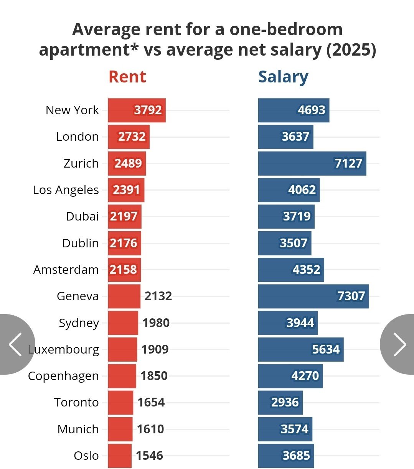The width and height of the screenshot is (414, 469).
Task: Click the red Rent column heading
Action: click(x=127, y=77)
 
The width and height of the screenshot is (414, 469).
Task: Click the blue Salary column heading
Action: click(x=283, y=77)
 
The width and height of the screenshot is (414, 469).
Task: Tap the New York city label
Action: click(x=72, y=110)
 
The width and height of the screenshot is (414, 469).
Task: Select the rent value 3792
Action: click(x=148, y=110)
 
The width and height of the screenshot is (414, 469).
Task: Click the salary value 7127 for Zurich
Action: click(x=348, y=163)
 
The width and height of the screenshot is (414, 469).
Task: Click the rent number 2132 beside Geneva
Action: click(x=158, y=296)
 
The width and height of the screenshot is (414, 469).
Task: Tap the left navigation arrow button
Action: click(x=15, y=344)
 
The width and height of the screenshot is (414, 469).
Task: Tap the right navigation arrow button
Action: click(x=399, y=344)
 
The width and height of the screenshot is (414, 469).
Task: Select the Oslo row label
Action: click(x=86, y=456)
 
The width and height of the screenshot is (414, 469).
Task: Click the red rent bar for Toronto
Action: click(x=120, y=402)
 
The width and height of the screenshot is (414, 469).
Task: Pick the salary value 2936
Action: click(x=285, y=402)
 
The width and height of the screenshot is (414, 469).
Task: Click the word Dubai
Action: click(x=82, y=216)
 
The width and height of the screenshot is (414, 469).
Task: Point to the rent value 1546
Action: click(x=149, y=456)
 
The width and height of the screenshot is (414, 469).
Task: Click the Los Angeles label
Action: click(x=66, y=190)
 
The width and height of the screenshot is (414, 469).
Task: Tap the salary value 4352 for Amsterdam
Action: click(x=306, y=270)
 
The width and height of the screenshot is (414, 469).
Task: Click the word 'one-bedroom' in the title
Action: click(x=286, y=29)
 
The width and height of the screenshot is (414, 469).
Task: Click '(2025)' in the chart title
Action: click(x=351, y=50)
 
